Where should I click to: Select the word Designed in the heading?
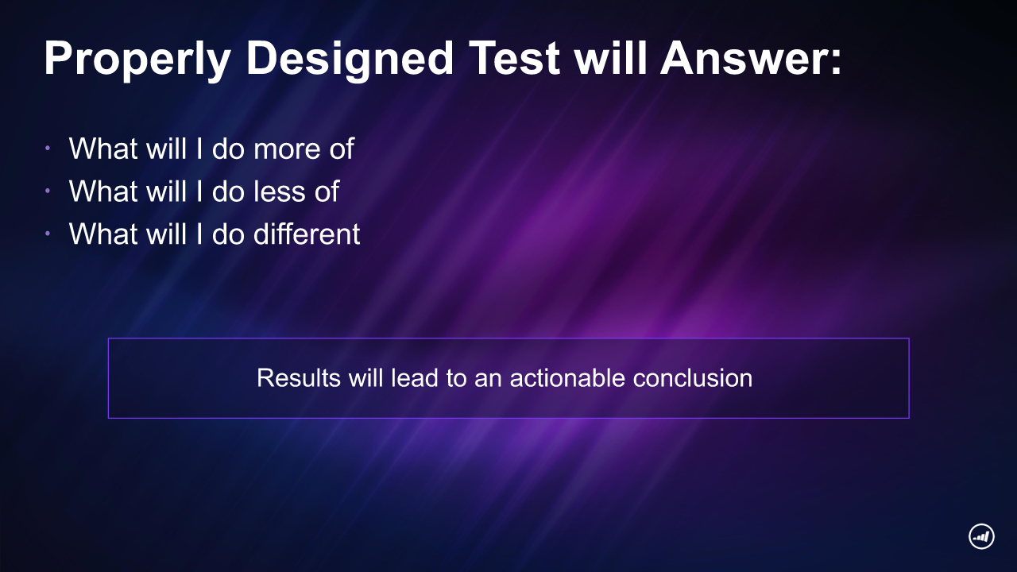pos(349,59)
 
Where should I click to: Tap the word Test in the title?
pos(513,58)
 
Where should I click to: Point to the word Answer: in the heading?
pos(751,58)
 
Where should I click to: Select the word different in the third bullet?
pos(307,234)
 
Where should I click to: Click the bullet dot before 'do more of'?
pos(48,148)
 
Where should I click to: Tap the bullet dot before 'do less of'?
pos(48,191)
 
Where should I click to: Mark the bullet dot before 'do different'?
pos(48,234)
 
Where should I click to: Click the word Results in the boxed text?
pos(299,377)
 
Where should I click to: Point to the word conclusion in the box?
pos(693,377)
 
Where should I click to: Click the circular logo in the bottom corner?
pos(981,536)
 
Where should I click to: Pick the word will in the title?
pos(611,58)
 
